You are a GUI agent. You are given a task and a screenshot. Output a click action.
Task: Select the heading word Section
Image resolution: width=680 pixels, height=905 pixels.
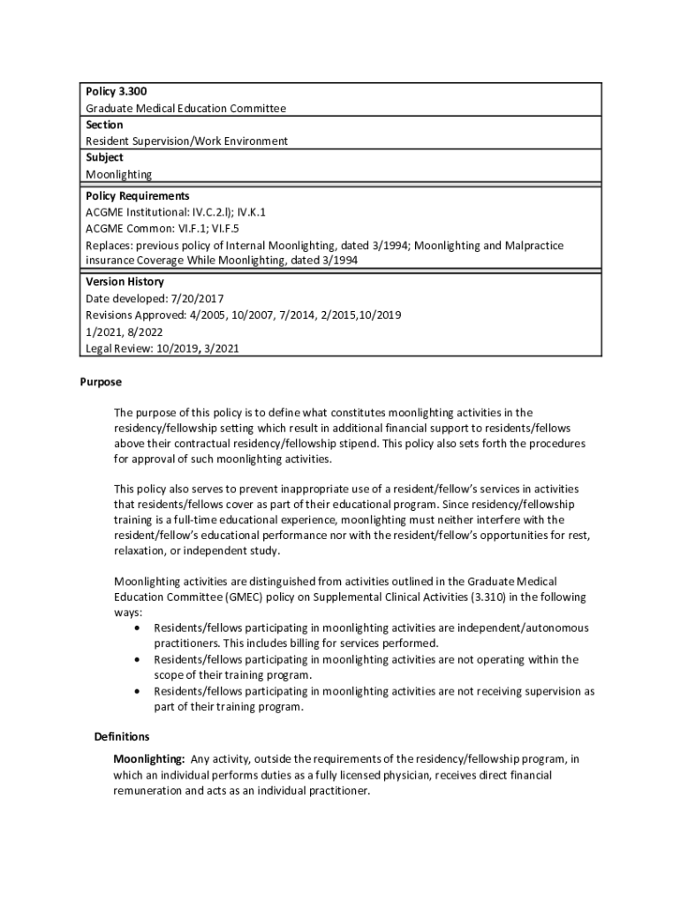click(104, 125)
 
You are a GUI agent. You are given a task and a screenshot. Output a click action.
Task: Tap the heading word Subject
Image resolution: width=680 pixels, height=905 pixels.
click(104, 157)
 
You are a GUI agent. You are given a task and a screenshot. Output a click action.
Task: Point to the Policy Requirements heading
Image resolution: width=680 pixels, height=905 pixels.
click(137, 196)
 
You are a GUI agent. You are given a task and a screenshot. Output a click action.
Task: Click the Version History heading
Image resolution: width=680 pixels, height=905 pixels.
click(125, 282)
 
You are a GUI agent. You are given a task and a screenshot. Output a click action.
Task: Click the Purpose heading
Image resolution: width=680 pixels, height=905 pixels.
click(100, 383)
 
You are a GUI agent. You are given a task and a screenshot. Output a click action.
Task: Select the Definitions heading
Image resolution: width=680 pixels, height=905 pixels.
click(122, 737)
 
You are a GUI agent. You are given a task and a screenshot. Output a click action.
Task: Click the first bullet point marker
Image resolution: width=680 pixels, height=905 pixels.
click(135, 628)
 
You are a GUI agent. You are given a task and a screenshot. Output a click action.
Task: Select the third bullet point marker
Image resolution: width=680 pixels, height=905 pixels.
click(135, 692)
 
